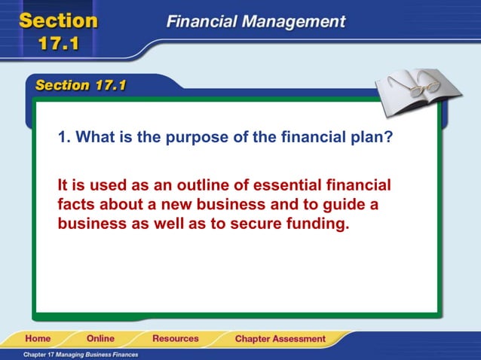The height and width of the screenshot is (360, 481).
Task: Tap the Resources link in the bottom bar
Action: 175,339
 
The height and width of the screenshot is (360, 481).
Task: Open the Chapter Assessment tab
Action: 280,339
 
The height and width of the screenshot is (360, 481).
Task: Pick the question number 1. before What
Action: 64,137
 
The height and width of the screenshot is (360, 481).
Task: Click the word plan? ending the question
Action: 391,137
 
